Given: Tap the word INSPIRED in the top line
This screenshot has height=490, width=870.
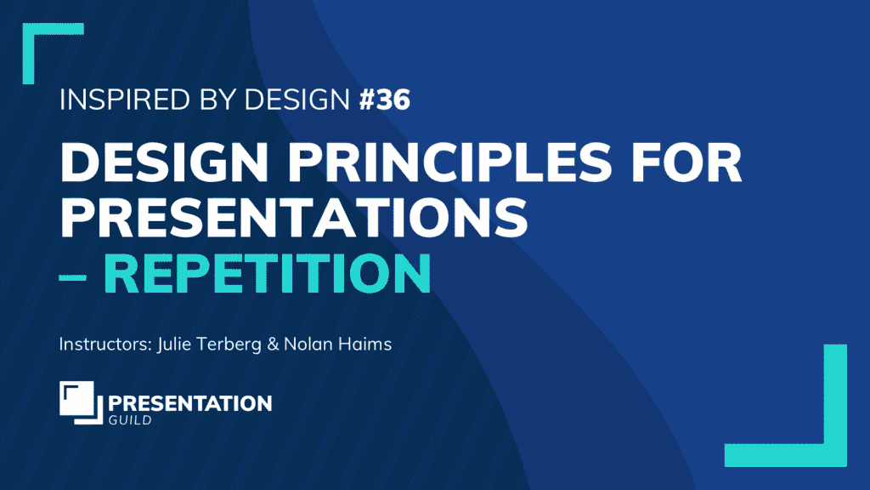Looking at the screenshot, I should pos(115,101).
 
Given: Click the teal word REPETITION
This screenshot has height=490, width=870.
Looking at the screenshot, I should pos(267,272).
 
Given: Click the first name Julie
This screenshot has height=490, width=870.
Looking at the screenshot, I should pos(166,345).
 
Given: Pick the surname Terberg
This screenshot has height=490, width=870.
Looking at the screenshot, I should pos(223,345).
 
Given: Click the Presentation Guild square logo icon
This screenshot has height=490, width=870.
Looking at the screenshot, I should pos(80,402).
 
